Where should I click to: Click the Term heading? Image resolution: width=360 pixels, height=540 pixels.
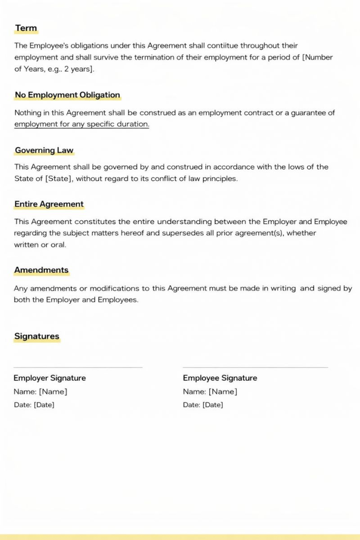26,28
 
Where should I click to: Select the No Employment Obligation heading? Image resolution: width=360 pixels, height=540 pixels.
67,95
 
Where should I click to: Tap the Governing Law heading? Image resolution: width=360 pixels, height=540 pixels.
44,150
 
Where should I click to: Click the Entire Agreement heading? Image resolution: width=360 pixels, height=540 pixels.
48,204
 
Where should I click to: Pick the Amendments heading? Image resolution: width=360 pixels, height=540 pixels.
41,270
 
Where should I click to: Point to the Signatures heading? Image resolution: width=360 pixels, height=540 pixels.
36,336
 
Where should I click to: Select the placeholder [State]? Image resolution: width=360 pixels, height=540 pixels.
59,178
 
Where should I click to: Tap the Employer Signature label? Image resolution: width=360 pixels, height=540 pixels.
50,378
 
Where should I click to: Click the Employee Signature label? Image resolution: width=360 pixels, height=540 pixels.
220,378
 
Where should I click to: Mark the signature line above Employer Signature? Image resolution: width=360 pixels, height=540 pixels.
78,368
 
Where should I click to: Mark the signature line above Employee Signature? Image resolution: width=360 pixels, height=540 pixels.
255,368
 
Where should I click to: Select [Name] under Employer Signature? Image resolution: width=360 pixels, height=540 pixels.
53,392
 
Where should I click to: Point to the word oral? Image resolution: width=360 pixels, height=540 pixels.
58,245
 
